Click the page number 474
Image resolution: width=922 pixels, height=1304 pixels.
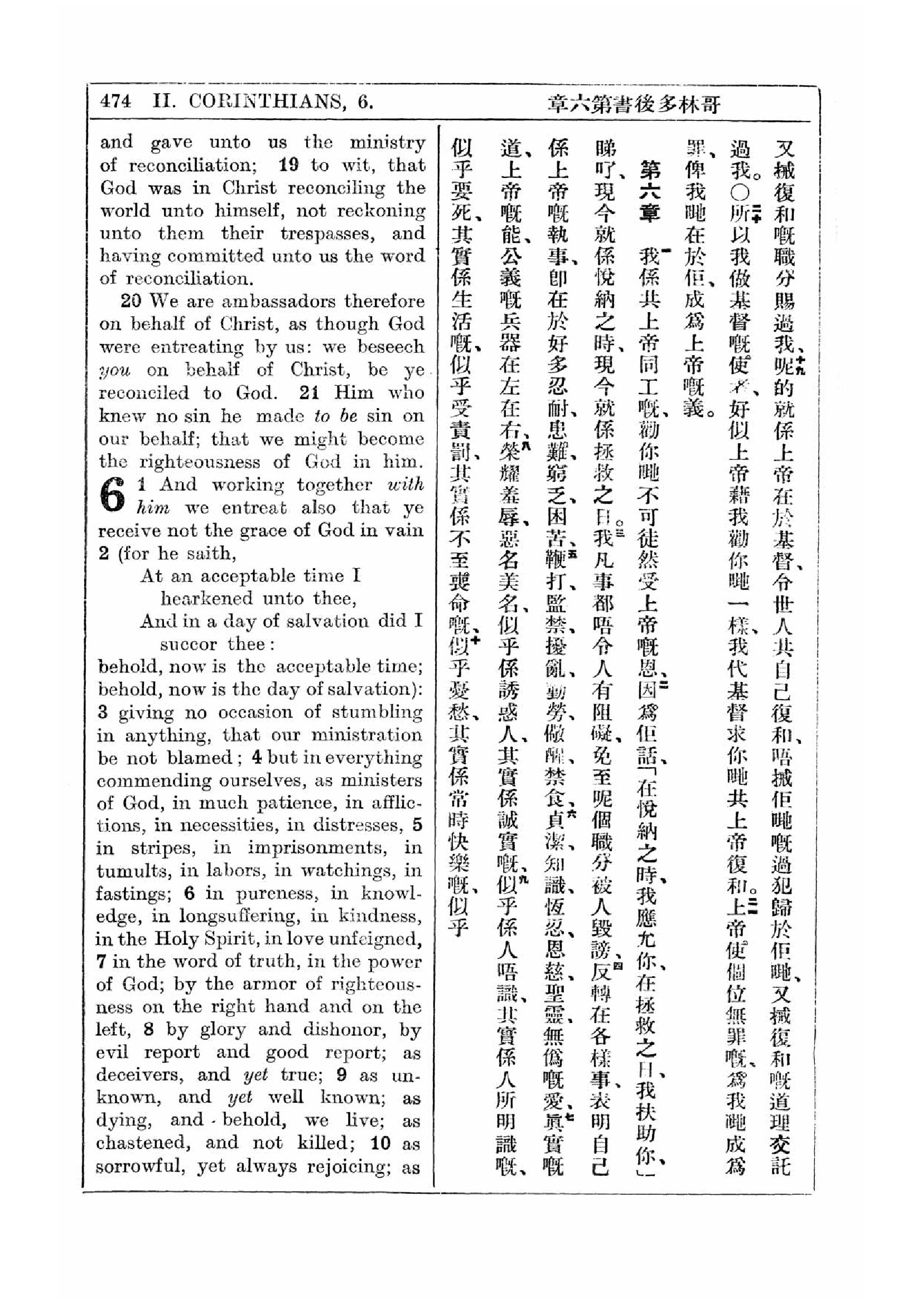[115, 101]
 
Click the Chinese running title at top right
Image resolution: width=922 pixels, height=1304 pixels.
[634, 104]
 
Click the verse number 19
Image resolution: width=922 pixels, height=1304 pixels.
[288, 164]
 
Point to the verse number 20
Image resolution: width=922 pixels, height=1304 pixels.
[131, 300]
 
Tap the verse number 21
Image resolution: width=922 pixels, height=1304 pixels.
[309, 392]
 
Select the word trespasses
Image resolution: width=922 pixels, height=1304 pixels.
[328, 233]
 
